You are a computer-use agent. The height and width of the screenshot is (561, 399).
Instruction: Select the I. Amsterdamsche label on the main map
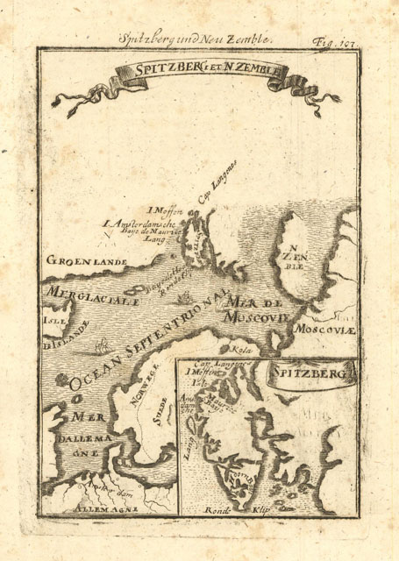click(x=139, y=224)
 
